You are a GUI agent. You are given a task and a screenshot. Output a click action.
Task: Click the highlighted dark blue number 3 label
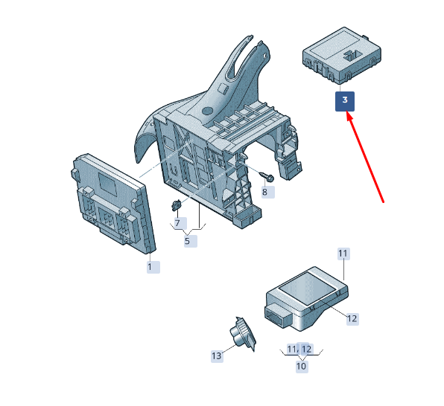coord(345,101)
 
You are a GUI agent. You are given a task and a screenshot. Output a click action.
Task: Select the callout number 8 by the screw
coord(268,193)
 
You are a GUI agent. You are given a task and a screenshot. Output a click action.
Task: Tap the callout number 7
coord(180,223)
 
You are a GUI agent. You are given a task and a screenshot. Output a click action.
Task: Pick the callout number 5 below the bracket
coord(191,241)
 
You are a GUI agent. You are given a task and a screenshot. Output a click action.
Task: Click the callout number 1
coord(153,267)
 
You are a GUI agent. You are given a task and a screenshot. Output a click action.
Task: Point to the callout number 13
coord(217,355)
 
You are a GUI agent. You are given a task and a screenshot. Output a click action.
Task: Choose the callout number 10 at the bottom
coord(302,367)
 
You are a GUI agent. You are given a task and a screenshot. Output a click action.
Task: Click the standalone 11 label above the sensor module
coord(343,254)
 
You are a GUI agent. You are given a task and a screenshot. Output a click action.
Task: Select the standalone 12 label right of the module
coord(352,319)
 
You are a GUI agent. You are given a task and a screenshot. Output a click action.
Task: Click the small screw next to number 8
coord(267,176)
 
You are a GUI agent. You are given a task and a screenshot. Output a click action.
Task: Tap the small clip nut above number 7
coord(176,205)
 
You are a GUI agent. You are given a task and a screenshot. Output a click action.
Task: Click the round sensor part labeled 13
coord(242,334)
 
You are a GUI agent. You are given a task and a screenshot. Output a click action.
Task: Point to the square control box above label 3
coord(342,56)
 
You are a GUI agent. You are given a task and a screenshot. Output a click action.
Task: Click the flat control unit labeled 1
coord(113,203)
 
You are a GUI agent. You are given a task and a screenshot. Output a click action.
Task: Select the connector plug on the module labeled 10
coord(276,315)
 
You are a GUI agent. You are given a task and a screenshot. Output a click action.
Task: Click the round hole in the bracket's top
coord(208,111)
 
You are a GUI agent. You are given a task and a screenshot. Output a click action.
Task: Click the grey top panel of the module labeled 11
coord(307,288)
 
